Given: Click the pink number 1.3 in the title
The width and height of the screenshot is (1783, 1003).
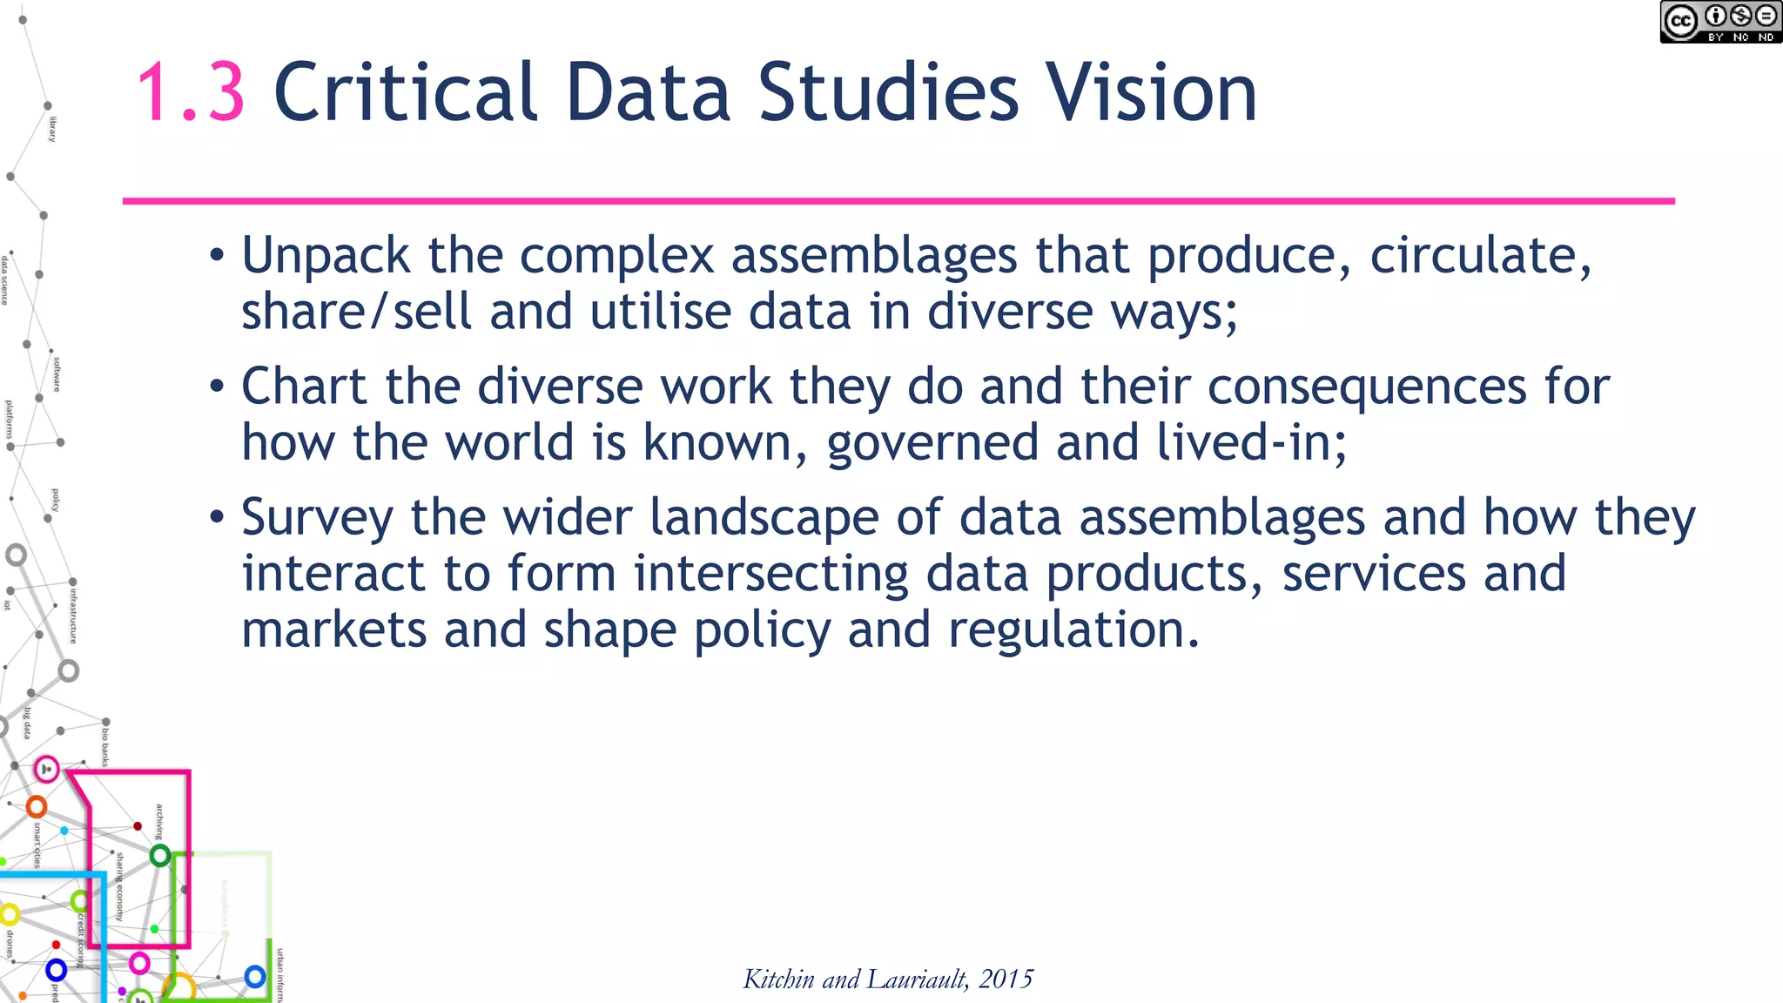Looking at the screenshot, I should click(x=191, y=92).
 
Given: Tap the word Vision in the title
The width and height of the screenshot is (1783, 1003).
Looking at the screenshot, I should click(x=1151, y=92).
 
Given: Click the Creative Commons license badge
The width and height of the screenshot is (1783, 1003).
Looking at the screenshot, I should click(x=1719, y=23).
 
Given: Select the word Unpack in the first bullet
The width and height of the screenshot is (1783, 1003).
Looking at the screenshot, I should click(x=326, y=257).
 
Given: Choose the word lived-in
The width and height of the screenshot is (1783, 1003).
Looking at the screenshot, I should click(x=1251, y=442).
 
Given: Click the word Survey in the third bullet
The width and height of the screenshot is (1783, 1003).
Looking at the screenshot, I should click(x=317, y=518).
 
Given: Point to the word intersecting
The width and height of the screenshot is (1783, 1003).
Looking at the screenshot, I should click(x=770, y=574).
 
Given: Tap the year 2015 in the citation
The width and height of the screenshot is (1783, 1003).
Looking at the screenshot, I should click(x=1006, y=979).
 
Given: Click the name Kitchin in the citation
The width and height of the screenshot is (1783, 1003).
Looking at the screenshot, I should click(x=778, y=979).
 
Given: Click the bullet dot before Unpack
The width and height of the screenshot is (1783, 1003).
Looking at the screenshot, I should click(x=217, y=257).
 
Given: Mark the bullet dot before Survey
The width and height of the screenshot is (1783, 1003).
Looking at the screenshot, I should click(x=217, y=518).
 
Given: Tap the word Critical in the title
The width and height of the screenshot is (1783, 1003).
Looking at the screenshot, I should click(x=406, y=92).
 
